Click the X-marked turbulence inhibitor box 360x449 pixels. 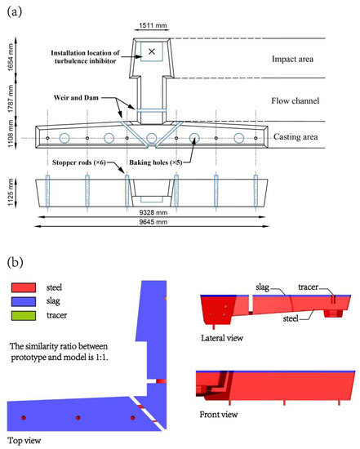coord(151,51)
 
